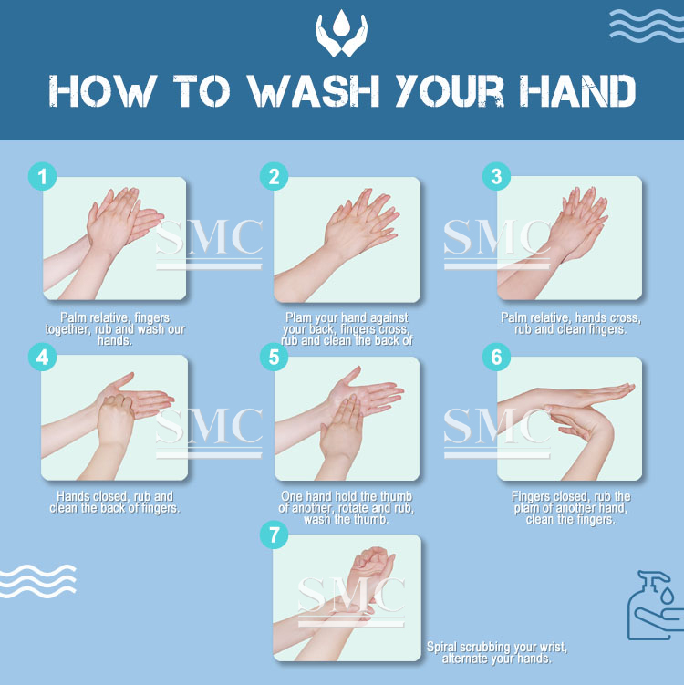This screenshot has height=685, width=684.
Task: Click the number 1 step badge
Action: (42, 176)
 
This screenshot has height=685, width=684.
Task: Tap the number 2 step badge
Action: (274, 176)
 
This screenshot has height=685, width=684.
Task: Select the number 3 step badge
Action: (497, 176)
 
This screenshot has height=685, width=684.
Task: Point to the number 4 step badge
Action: (42, 357)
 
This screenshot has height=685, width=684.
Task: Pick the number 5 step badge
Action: (274, 357)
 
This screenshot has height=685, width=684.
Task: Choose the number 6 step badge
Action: (497, 357)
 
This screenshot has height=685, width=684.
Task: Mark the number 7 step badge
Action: (274, 535)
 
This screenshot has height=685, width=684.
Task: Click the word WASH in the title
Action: (314, 91)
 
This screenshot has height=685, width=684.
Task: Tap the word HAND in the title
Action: (577, 91)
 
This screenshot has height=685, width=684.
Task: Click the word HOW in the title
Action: (102, 91)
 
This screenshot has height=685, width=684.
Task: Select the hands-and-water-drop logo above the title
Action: (342, 33)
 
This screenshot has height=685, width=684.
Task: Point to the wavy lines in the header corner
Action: (647, 26)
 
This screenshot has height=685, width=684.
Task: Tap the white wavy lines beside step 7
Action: (38, 581)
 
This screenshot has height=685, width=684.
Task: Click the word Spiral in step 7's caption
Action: (442, 647)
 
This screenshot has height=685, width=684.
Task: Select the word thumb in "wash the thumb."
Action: (373, 519)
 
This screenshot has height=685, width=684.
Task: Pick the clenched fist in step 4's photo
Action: (116, 420)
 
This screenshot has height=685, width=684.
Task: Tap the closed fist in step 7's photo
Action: (373, 563)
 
